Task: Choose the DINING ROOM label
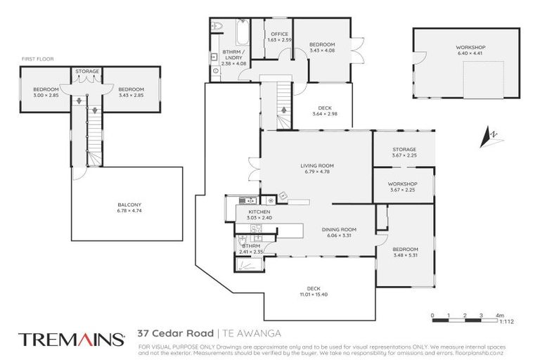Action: tap(340, 229)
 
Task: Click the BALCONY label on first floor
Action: tap(129, 205)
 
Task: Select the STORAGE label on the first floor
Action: tap(88, 71)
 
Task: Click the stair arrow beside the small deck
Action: tap(283, 110)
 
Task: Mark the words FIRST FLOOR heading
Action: tap(37, 59)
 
